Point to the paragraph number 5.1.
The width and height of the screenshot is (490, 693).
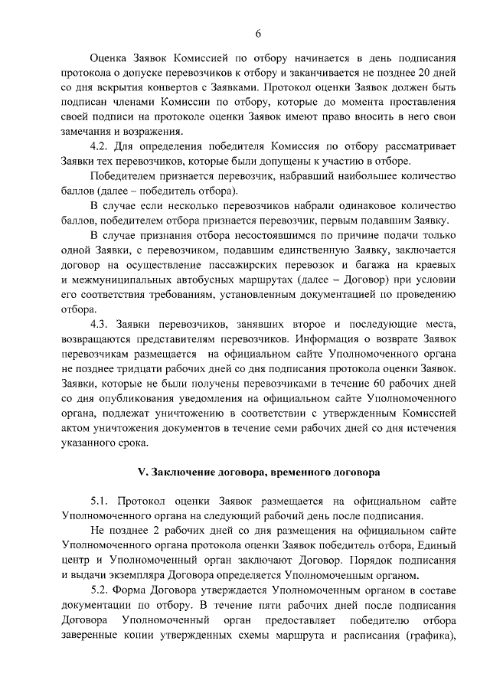pos(103,501)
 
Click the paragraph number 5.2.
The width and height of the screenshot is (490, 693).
pos(103,590)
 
